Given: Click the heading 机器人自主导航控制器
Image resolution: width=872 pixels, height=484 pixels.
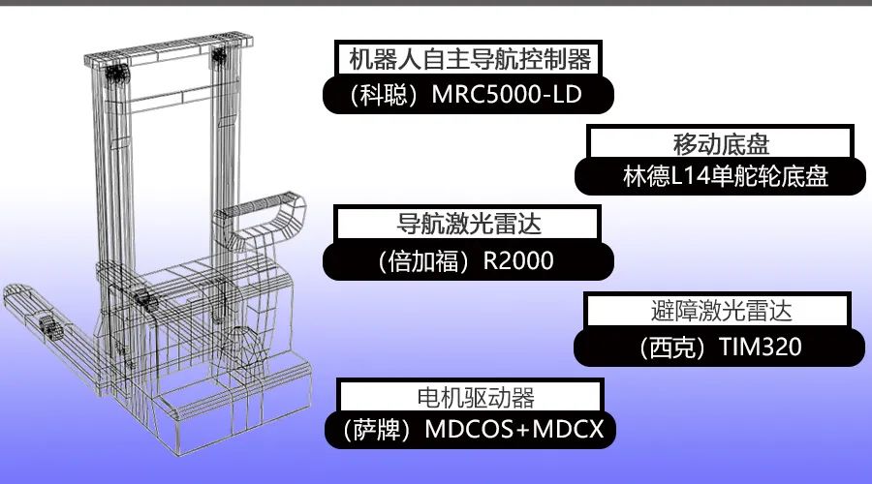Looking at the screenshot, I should [469, 60].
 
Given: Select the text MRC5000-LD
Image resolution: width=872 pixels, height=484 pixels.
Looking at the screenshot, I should [509, 97].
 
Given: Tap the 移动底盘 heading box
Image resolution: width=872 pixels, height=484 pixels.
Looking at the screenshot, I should [720, 144].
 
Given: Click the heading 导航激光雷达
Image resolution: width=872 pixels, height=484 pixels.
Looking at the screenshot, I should [469, 225].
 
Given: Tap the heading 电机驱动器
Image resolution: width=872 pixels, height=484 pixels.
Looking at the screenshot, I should [469, 396].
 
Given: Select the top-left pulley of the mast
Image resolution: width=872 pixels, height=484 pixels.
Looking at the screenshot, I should [115, 73].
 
